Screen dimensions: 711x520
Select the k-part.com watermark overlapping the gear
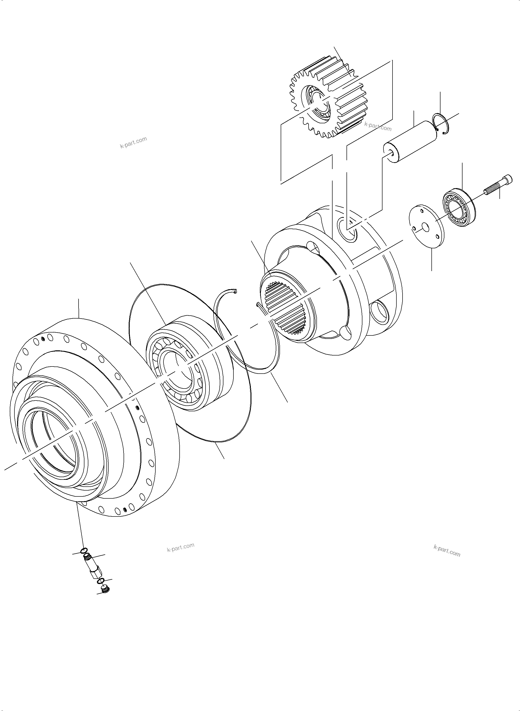pyautogui.click(x=378, y=126)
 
